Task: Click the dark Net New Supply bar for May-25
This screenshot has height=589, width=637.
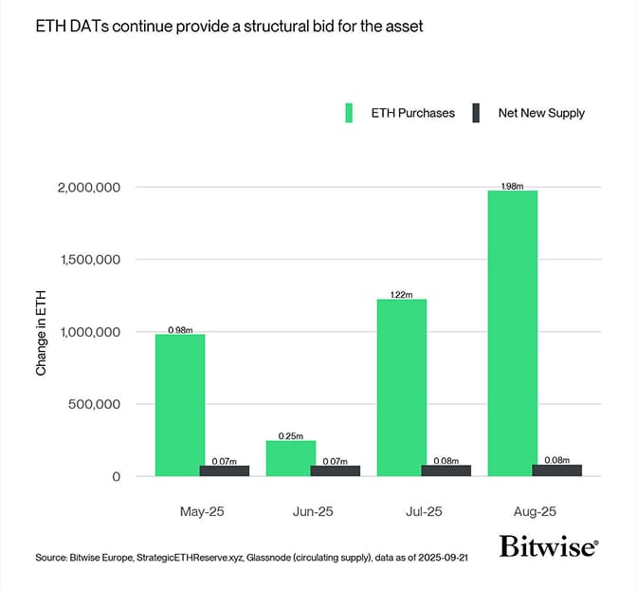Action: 225,470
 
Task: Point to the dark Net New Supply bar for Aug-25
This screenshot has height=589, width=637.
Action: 557,469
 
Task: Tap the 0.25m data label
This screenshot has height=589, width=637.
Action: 290,435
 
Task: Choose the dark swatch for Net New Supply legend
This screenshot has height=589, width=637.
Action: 479,113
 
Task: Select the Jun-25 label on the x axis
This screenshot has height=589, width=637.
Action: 313,511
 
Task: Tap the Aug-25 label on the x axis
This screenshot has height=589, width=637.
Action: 535,511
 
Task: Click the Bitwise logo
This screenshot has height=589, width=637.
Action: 548,547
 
